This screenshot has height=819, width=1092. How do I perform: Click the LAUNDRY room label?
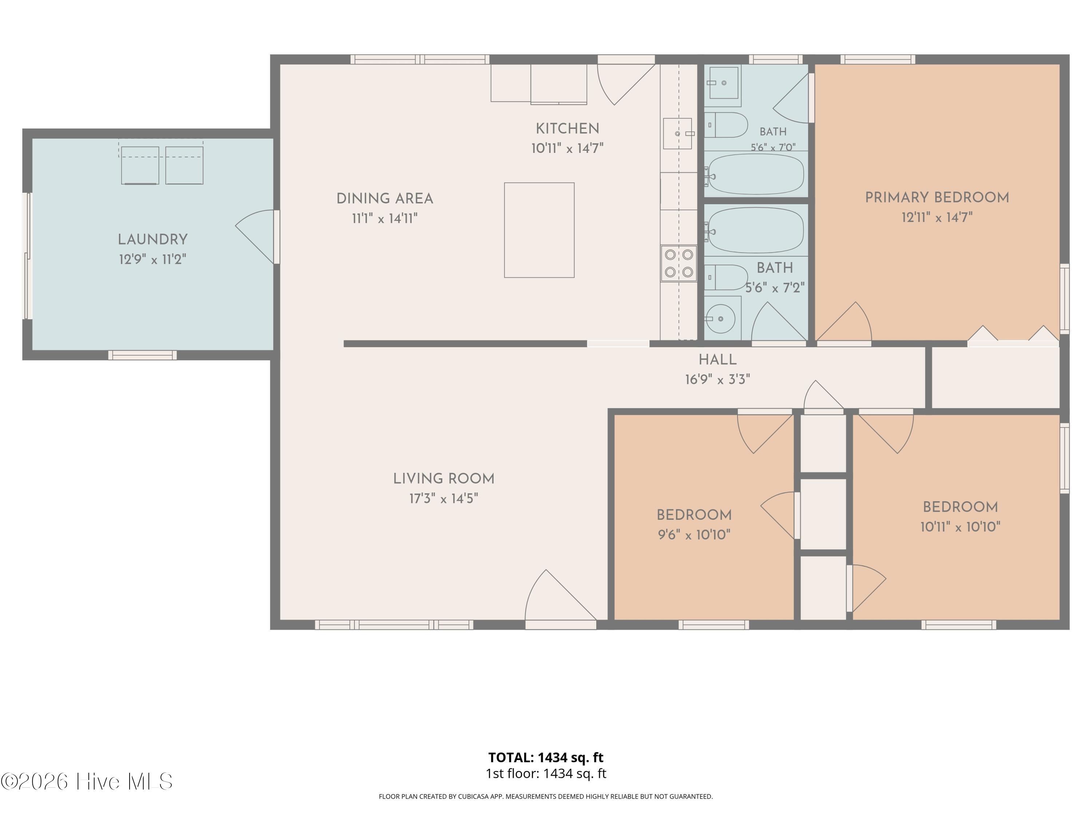(153, 240)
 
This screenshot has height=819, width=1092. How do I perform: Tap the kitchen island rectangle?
(539, 230)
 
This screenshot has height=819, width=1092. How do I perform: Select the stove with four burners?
(679, 264)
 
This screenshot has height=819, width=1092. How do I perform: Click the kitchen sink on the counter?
(678, 133)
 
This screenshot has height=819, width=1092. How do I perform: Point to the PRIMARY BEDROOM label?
(937, 197)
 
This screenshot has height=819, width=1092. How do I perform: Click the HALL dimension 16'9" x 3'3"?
(717, 379)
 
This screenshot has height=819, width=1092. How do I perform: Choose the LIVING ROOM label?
(443, 479)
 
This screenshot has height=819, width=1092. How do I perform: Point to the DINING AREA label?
(385, 198)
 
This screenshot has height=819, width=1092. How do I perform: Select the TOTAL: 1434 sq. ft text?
(546, 757)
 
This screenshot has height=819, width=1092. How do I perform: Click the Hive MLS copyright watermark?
(87, 782)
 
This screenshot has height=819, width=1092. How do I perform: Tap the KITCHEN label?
(567, 128)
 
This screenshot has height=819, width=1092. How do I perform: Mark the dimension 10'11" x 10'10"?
(960, 527)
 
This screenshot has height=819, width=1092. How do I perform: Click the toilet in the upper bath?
(726, 125)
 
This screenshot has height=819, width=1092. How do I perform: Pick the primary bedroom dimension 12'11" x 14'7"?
(937, 217)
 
